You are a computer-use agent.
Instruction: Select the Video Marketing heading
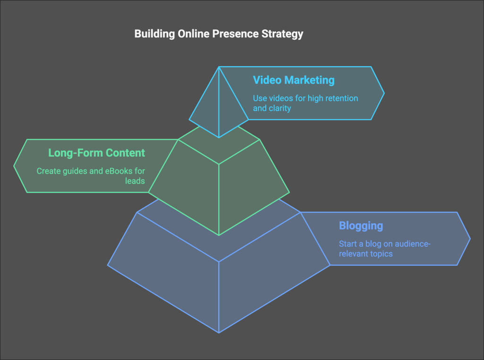click(x=294, y=80)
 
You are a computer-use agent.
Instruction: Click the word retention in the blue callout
click(x=341, y=98)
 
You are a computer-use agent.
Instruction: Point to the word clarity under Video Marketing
click(x=279, y=108)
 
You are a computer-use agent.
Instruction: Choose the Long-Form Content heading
click(x=96, y=153)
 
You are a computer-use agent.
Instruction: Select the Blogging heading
click(x=361, y=226)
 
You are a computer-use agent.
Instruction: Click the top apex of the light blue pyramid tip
click(x=219, y=67)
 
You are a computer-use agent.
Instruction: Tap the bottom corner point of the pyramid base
click(x=219, y=333)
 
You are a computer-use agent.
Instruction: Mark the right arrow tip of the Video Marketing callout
click(x=384, y=93)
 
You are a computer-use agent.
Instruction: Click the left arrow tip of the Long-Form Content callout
click(x=14, y=166)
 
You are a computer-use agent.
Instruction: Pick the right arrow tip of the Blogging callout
click(x=470, y=238)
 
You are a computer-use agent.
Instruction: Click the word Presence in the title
click(x=230, y=34)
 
